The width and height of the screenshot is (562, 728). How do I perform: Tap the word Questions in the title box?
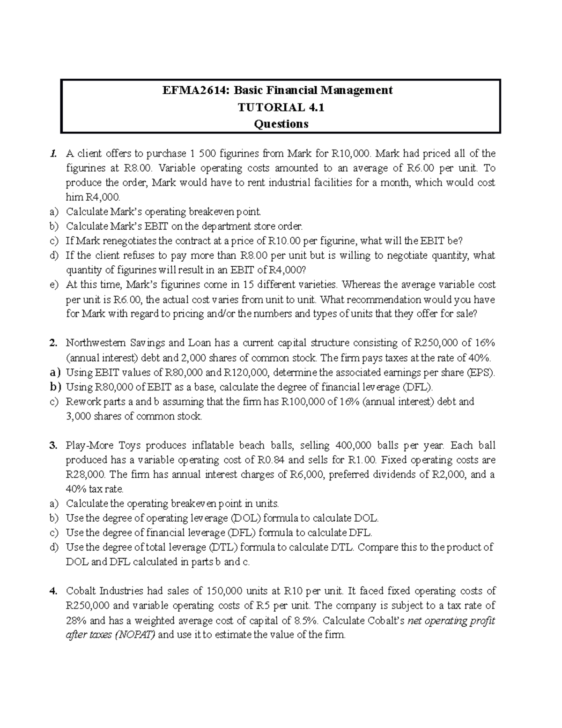[281, 124]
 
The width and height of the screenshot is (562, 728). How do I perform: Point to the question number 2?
[52, 343]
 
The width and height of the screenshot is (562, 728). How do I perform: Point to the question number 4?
[52, 591]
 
